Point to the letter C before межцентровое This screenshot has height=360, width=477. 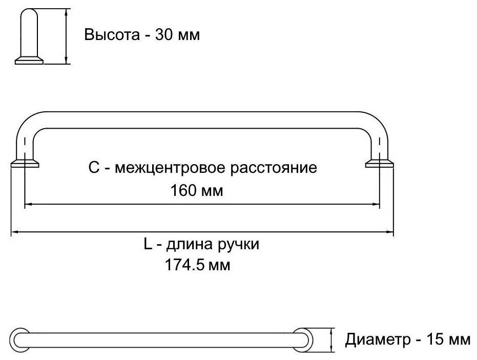point(93,168)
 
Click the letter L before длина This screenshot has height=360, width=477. point(148,245)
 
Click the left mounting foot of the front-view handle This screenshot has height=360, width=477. point(25,164)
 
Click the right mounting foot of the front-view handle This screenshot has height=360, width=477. point(380,164)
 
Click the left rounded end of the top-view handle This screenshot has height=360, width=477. point(21,339)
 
